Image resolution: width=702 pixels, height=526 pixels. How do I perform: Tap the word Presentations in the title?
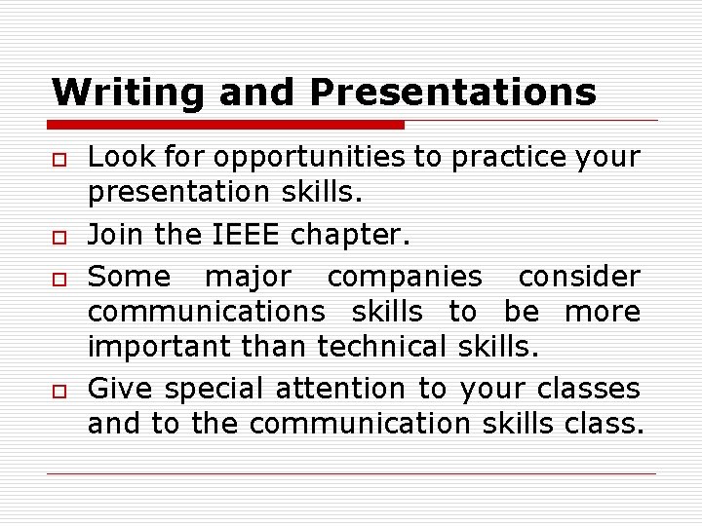pyautogui.click(x=452, y=93)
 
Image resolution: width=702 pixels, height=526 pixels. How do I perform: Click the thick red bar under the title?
pyautogui.click(x=226, y=125)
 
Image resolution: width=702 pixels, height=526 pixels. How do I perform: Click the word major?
pyautogui.click(x=247, y=278)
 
